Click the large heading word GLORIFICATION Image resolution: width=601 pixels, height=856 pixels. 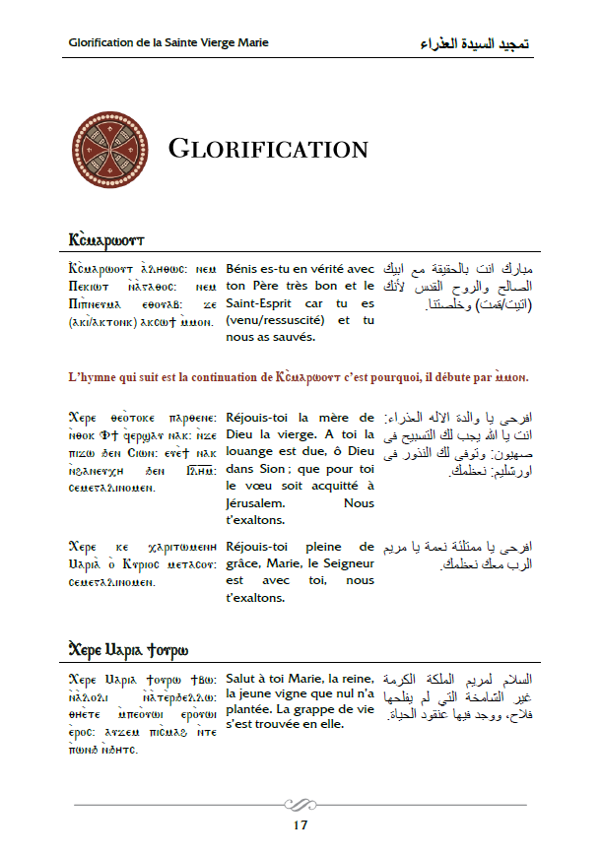[x=268, y=150]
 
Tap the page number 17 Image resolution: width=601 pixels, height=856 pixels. [x=300, y=825]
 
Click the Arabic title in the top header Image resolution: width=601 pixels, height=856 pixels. [x=474, y=44]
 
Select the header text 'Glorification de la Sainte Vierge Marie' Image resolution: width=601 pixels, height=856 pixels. [x=169, y=43]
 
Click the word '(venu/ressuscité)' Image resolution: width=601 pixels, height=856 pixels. [x=275, y=321]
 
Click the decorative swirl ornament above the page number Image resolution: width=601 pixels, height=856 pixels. [x=300, y=803]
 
